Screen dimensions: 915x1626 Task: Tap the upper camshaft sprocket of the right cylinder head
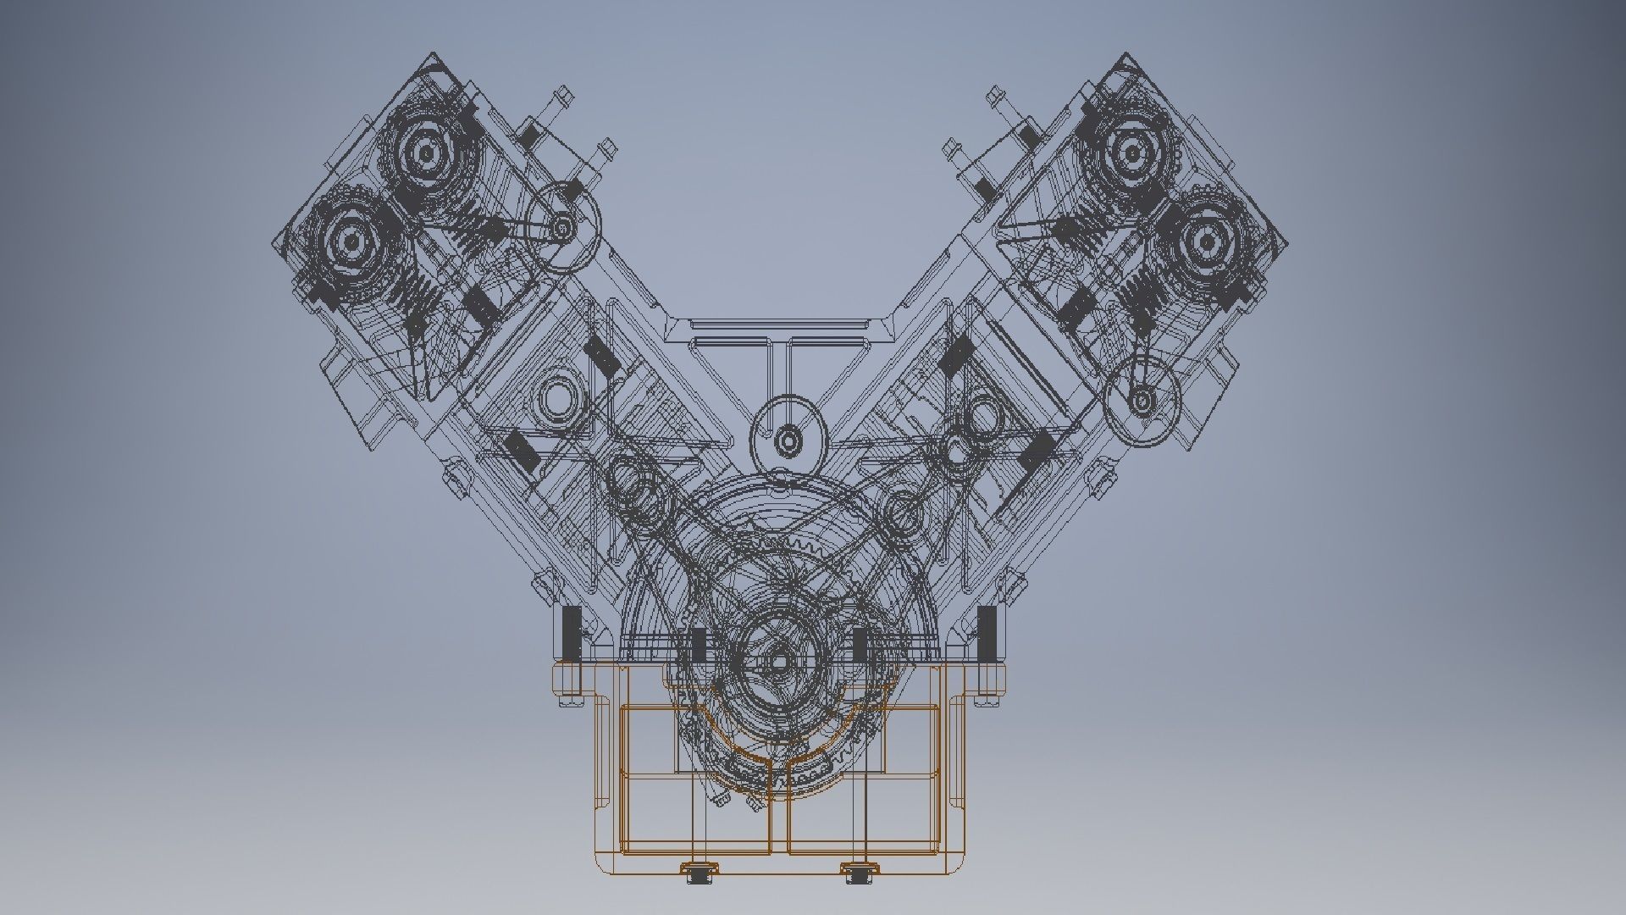point(1131,153)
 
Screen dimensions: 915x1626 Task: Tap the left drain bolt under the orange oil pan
point(700,872)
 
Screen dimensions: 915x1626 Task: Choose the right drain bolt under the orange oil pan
point(857,872)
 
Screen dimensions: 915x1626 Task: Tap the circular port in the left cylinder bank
point(560,396)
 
